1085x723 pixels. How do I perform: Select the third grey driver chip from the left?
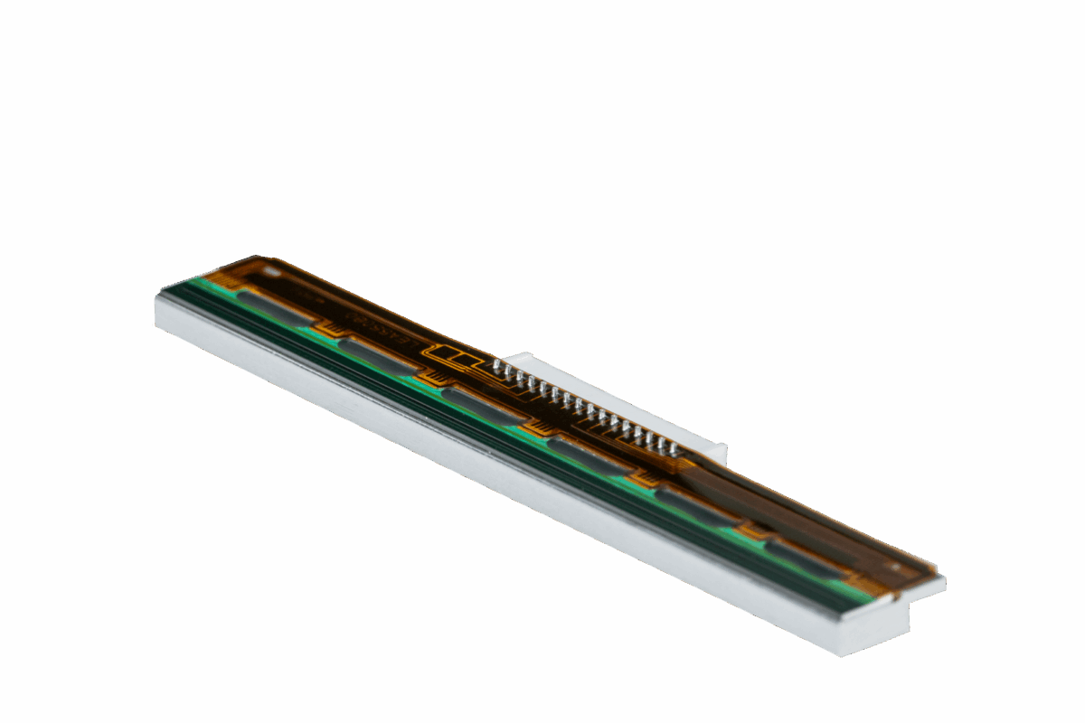pyautogui.click(x=483, y=406)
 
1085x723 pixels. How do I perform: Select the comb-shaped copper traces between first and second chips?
pyautogui.click(x=331, y=327)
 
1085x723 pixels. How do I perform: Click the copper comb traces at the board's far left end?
pyautogui.click(x=222, y=279)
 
